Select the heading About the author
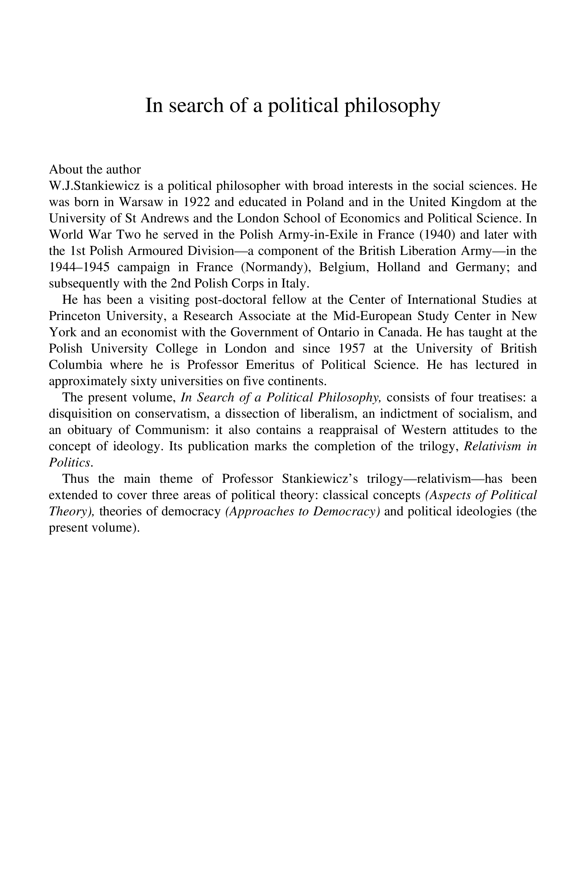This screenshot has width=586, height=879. coord(95,169)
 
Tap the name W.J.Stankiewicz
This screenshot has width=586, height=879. coord(94,186)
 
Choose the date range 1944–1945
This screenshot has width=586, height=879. coord(79,267)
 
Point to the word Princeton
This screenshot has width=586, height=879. coord(75,316)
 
